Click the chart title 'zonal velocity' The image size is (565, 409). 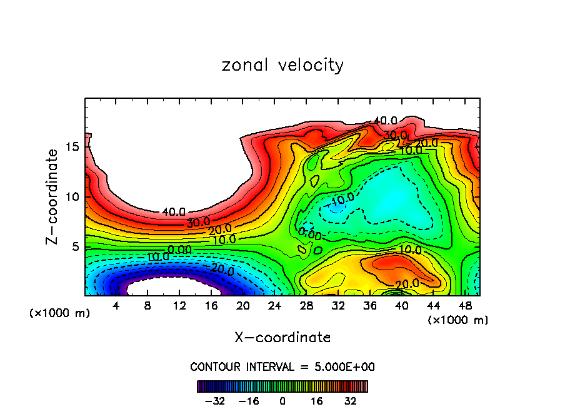click(x=282, y=65)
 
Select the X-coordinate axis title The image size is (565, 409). click(x=282, y=337)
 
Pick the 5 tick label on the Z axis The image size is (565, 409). click(x=74, y=246)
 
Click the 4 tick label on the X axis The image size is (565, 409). click(x=116, y=306)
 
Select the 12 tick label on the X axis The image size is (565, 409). click(x=179, y=306)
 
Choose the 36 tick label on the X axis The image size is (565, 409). click(x=369, y=306)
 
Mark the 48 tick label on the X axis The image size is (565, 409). click(x=464, y=306)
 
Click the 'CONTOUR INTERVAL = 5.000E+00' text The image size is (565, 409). click(x=282, y=366)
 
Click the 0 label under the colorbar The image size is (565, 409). click(x=282, y=400)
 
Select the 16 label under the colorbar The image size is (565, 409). click(x=316, y=400)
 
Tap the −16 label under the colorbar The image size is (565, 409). click(x=248, y=400)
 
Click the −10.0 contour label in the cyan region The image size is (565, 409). click(x=342, y=199)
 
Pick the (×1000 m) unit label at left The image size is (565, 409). click(x=59, y=313)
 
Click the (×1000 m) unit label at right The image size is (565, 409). click(x=457, y=320)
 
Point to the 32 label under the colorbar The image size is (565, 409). click(x=350, y=400)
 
